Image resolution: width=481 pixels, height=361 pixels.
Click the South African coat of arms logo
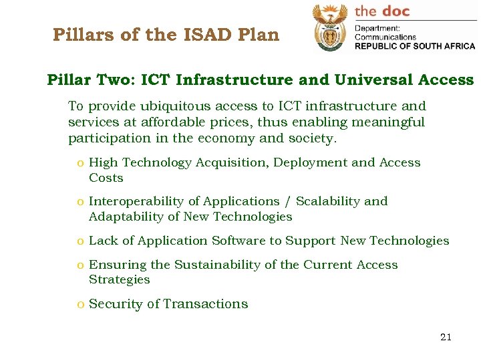[x=330, y=27]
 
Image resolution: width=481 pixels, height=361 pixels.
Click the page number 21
[x=446, y=337]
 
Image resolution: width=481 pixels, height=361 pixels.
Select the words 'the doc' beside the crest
[x=381, y=11]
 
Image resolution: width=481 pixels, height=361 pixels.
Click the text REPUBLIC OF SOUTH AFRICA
[x=414, y=46]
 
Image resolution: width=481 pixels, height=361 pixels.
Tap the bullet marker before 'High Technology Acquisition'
[x=80, y=163]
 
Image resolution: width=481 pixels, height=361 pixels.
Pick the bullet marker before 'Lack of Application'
[x=80, y=241]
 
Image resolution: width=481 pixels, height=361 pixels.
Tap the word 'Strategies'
[x=119, y=280]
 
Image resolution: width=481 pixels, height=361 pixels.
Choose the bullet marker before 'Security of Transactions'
[x=80, y=305]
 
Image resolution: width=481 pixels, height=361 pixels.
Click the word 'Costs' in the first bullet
[x=106, y=178]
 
